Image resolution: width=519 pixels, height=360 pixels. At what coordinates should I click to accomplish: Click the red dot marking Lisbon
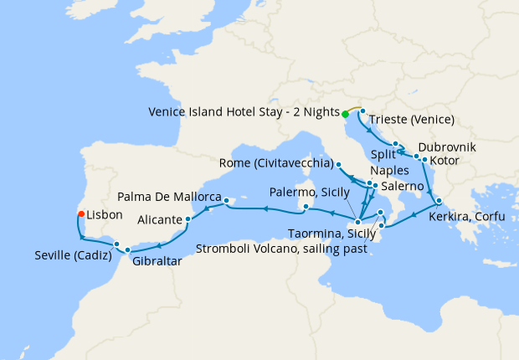(x=81, y=214)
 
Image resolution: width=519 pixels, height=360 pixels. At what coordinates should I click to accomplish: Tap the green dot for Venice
(x=345, y=114)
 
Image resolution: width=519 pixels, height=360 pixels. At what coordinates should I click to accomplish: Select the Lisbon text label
(x=105, y=215)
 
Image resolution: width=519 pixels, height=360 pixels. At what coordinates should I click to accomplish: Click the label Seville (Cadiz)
(x=72, y=255)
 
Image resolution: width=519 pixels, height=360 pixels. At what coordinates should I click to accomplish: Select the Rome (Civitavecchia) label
(x=275, y=162)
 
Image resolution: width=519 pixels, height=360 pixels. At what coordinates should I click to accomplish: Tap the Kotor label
(x=444, y=160)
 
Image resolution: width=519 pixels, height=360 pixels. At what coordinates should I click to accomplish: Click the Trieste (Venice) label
(x=412, y=119)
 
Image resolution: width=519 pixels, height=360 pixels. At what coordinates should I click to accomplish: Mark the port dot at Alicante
(x=189, y=220)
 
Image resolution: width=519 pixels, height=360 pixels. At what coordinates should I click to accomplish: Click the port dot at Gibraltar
(x=127, y=250)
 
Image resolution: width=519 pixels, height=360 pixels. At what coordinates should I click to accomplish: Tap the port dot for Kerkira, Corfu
(x=439, y=201)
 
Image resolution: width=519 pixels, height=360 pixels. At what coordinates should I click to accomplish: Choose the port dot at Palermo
(x=306, y=207)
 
